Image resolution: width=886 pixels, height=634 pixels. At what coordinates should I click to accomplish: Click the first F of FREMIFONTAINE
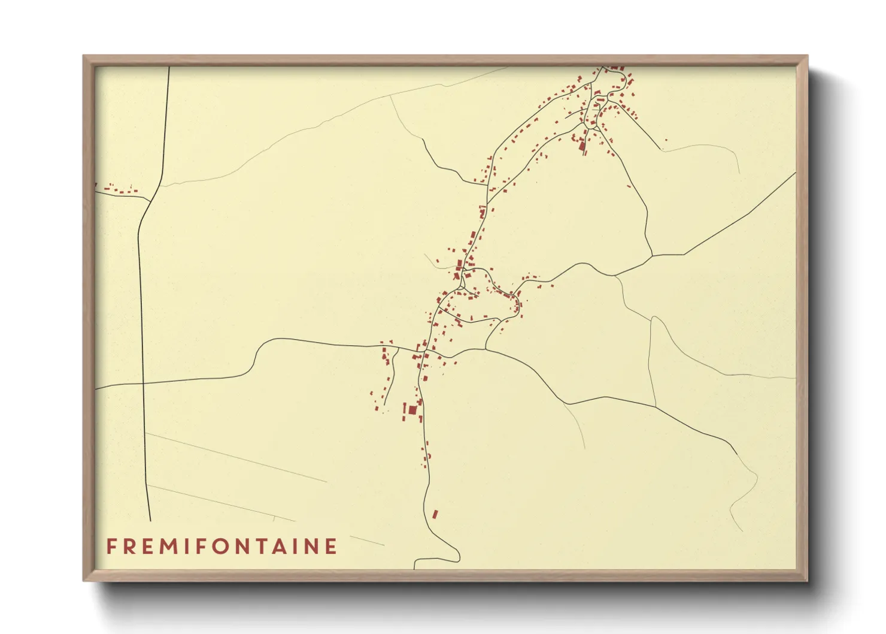[x=111, y=547]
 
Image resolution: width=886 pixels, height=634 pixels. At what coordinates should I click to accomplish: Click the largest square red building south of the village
[x=412, y=410]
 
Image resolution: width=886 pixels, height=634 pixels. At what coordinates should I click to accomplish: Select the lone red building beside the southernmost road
[x=435, y=514]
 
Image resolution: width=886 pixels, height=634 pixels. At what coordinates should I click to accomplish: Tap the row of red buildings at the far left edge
[x=120, y=191]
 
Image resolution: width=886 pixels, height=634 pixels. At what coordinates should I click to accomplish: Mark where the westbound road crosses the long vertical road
[x=142, y=383]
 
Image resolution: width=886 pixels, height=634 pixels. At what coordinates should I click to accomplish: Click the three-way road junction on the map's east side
[x=651, y=256]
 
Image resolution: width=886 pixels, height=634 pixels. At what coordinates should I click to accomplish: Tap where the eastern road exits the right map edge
[x=795, y=173]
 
